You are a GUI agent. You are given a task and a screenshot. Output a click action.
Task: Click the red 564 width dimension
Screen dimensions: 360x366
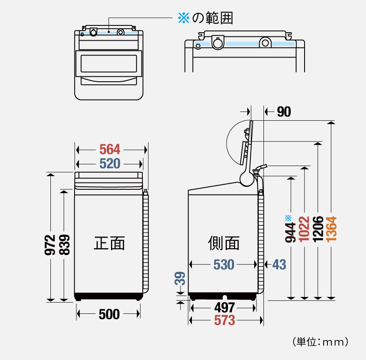[110, 150]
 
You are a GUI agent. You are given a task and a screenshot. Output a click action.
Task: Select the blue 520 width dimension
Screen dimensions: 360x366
[110, 163]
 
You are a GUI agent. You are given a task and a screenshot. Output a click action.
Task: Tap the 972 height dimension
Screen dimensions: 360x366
[50, 245]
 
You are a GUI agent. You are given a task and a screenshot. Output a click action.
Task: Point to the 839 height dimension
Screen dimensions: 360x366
[64, 245]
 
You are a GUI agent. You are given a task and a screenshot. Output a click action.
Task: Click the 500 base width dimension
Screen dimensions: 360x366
[109, 314]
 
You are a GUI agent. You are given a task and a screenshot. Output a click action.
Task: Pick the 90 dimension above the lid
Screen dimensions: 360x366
[284, 112]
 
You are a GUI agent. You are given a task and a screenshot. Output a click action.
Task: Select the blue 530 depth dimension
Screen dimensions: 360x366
[223, 265]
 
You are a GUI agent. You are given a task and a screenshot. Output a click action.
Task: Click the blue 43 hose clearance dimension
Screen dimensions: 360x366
[279, 265]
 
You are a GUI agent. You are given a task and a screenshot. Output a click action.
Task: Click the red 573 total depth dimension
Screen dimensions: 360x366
[224, 321]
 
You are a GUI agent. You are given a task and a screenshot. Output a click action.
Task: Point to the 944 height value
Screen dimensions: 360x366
[291, 233]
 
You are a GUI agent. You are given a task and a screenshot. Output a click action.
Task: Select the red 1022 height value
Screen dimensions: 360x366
[304, 229]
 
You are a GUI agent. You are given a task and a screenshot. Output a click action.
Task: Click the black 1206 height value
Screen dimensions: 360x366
[318, 229]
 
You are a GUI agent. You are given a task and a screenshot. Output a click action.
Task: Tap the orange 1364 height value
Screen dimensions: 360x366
[332, 229]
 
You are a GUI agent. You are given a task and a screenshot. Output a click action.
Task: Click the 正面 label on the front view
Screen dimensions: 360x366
[109, 243]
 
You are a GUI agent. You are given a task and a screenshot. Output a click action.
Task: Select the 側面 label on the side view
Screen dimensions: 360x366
[224, 243]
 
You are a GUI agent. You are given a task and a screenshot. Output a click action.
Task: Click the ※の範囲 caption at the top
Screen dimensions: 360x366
[205, 18]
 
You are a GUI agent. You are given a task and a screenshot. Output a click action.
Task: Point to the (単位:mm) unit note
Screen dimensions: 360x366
[320, 341]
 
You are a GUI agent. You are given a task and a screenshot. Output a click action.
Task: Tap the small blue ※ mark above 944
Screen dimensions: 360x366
[288, 218]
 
